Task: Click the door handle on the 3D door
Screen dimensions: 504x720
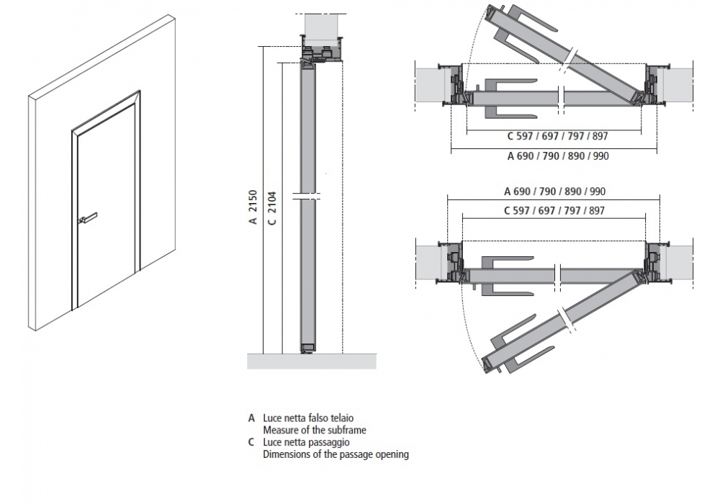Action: point(87,216)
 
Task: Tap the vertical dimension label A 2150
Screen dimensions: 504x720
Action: point(253,208)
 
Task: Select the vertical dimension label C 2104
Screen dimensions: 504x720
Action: point(271,208)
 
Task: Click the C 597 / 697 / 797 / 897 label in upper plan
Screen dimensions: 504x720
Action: point(553,135)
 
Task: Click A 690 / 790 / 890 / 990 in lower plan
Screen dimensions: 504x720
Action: point(554,192)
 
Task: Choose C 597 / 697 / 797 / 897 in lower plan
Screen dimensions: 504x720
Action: point(554,210)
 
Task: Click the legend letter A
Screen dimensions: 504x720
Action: point(251,418)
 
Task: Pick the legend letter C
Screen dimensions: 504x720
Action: point(251,442)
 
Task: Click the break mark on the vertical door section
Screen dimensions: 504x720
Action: point(307,195)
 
